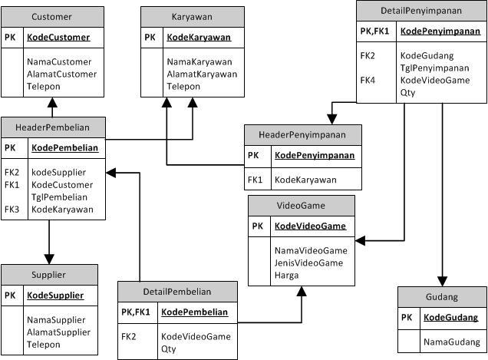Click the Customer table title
pyautogui.click(x=52, y=17)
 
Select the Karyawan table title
pyautogui.click(x=192, y=17)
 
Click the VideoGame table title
pyautogui.click(x=301, y=206)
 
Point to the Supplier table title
pyautogui.click(x=49, y=274)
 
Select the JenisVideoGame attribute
pyautogui.click(x=308, y=263)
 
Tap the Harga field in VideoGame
pyautogui.click(x=287, y=275)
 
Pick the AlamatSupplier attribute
pyautogui.click(x=58, y=332)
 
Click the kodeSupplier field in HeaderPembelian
pyautogui.click(x=58, y=172)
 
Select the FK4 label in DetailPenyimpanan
pyautogui.click(x=368, y=80)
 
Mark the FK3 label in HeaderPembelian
pyautogui.click(x=12, y=209)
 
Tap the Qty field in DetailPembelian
pyautogui.click(x=168, y=348)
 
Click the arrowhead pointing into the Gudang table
pyautogui.click(x=442, y=281)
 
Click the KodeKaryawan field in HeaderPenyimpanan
pyautogui.click(x=305, y=180)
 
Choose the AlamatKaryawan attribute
pyautogui.click(x=202, y=74)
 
